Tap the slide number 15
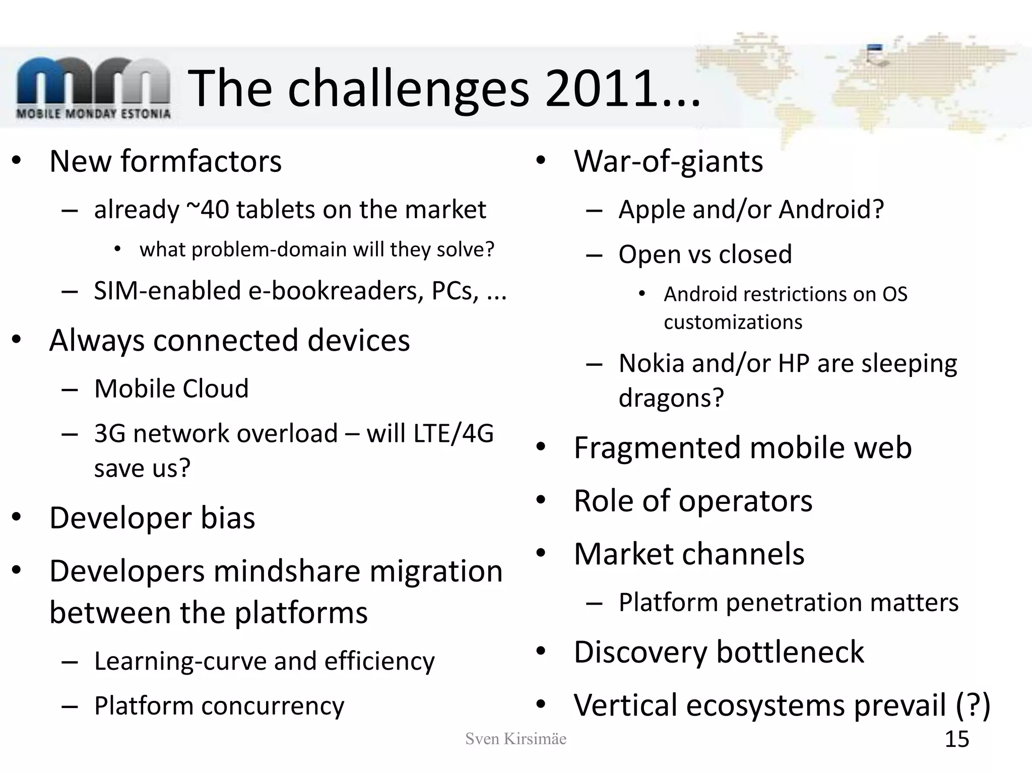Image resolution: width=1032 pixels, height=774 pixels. [956, 739]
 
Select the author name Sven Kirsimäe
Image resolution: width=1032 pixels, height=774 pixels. [515, 739]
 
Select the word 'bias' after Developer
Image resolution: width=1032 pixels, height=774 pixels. [228, 518]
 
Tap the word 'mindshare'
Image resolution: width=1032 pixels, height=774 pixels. [286, 571]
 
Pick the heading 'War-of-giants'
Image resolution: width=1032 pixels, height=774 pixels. [668, 161]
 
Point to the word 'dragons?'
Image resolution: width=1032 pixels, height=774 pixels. [671, 398]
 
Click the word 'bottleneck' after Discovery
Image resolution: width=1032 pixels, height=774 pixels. [790, 652]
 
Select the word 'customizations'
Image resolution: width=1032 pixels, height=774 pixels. [733, 322]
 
